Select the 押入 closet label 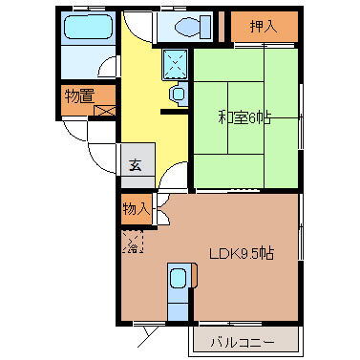coord(264,26)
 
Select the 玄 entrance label coord(136,161)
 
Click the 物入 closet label coord(135,208)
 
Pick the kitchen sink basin coord(179,280)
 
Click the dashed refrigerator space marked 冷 coord(133,244)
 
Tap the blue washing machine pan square coord(176,63)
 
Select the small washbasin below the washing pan coord(177,93)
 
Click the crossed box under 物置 coord(104,112)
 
